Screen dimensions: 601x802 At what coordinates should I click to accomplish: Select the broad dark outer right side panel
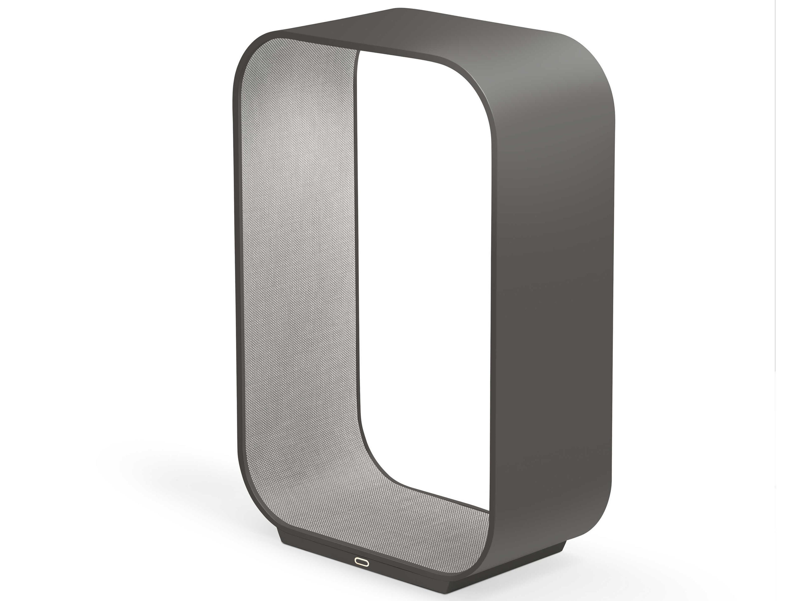[x=551, y=290]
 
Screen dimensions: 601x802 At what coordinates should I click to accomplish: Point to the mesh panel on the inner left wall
[x=301, y=254]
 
